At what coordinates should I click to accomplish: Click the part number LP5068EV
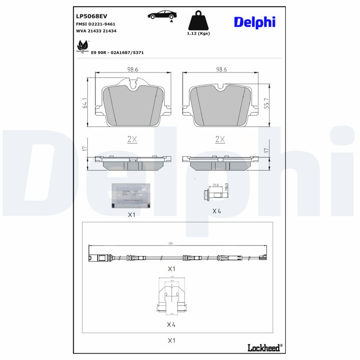click(91, 16)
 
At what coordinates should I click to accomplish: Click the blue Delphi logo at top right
click(254, 22)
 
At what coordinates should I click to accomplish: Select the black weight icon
click(198, 21)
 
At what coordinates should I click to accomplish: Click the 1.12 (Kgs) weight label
click(198, 33)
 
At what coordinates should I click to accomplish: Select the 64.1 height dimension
click(85, 103)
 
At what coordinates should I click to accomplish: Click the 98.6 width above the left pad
click(132, 70)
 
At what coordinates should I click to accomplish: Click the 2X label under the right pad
click(220, 139)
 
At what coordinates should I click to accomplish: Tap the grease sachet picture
click(131, 196)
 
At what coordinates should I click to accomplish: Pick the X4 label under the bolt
click(217, 211)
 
